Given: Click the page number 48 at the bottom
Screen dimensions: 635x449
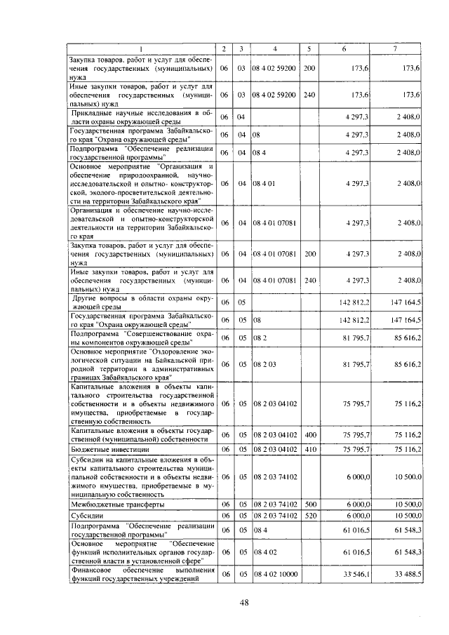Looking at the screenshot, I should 243,602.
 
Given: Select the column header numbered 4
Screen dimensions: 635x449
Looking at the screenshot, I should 275,48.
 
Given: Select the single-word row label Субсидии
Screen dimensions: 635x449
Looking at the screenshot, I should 87,515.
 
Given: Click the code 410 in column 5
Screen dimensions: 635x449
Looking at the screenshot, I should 309,449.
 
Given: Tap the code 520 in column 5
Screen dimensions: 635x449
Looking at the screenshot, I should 309,515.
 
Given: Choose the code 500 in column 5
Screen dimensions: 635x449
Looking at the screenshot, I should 309,504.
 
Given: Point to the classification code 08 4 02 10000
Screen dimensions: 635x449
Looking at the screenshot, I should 275,574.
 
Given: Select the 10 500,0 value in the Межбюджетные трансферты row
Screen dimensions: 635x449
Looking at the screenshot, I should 406,504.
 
